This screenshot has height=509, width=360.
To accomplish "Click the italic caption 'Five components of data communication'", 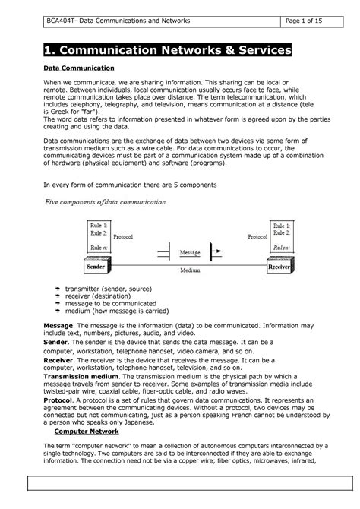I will [106, 202].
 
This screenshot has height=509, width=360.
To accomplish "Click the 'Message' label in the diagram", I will [189, 251].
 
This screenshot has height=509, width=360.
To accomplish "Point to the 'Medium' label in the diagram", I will [189, 269].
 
